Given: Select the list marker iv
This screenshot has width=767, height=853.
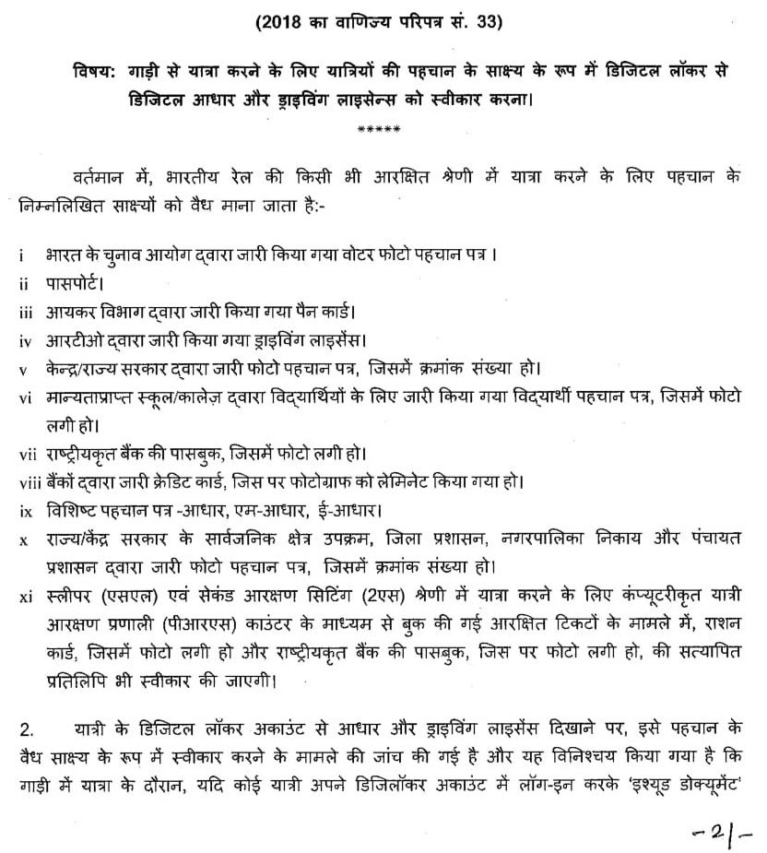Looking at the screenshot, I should tap(25, 341).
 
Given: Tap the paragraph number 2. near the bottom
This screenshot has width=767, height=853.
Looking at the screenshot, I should tap(28, 730).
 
